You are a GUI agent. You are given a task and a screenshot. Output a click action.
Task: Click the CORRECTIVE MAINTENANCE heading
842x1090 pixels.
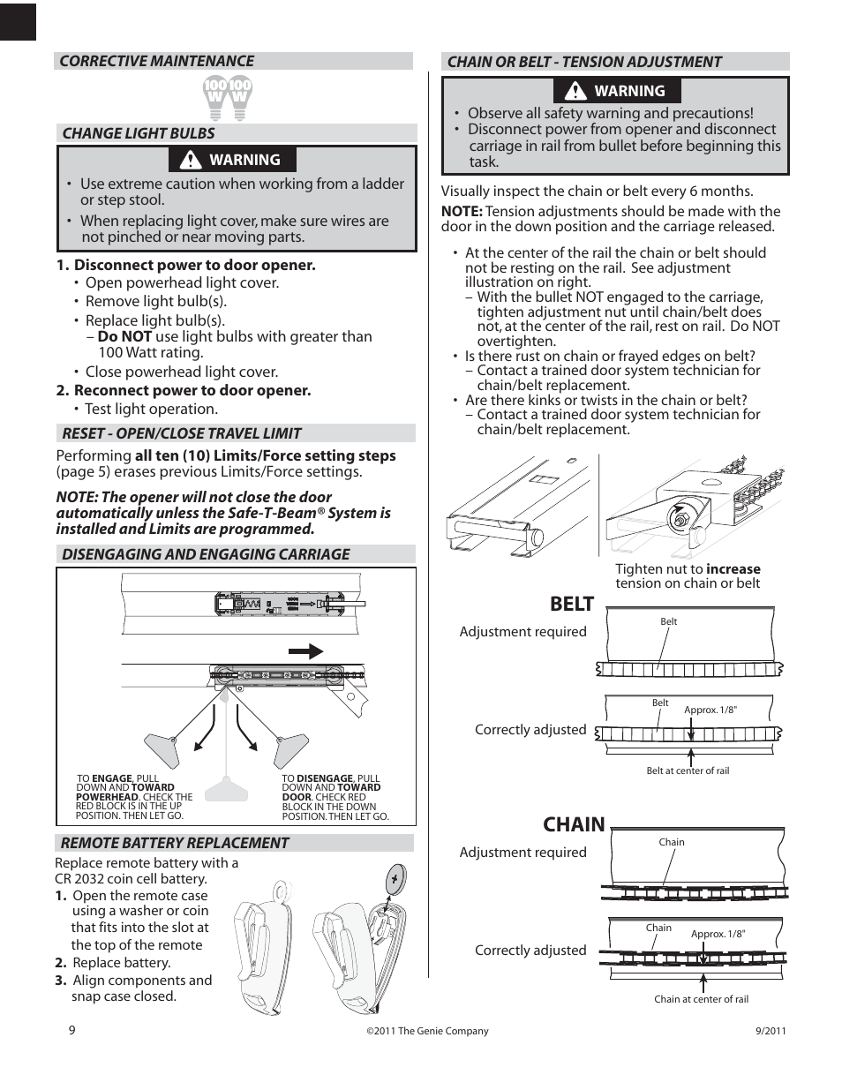[x=156, y=61]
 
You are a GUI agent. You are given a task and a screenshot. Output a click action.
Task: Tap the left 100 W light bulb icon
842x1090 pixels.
[x=216, y=97]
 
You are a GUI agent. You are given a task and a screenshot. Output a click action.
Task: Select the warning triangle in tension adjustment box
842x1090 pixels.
[x=576, y=91]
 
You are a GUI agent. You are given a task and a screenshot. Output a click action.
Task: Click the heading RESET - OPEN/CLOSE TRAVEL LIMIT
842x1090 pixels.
[x=181, y=433]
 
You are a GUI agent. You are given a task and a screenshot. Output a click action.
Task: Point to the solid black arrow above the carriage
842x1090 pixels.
[x=305, y=651]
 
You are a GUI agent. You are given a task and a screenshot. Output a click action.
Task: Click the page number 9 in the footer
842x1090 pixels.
[x=72, y=1030]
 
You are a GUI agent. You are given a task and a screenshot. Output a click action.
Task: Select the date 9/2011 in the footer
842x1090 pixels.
[x=771, y=1031]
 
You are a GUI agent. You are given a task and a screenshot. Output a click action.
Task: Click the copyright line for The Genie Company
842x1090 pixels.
[x=427, y=1031]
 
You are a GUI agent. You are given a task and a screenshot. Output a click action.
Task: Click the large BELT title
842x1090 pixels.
[x=571, y=604]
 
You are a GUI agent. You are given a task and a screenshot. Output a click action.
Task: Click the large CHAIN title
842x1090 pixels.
[x=574, y=824]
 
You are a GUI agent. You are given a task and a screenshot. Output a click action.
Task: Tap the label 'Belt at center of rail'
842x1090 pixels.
[x=688, y=771]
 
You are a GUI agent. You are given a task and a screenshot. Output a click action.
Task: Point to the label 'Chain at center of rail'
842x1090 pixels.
[x=701, y=999]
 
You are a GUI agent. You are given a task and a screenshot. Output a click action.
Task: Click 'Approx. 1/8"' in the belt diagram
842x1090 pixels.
[x=710, y=710]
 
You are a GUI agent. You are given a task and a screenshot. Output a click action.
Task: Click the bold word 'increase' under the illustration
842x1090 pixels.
[x=733, y=569]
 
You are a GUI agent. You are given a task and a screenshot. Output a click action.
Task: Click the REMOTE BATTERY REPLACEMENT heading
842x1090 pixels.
[x=174, y=843]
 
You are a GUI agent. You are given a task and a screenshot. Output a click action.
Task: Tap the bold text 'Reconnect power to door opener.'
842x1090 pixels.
[x=192, y=390]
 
